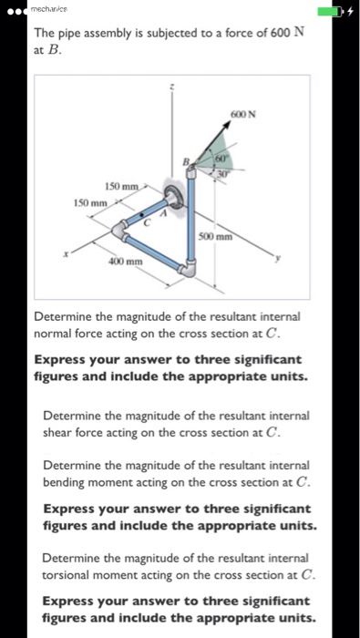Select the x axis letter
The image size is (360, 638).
[x=65, y=256]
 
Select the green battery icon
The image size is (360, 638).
[x=332, y=12]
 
